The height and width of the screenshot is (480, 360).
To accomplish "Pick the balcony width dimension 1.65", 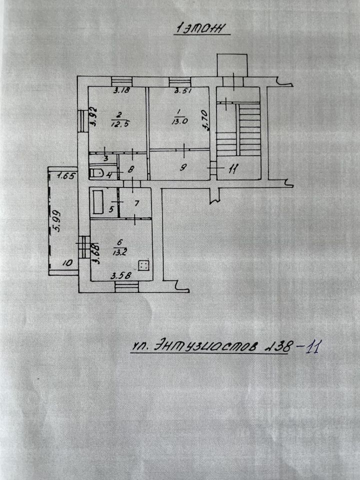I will pyautogui.click(x=65, y=175).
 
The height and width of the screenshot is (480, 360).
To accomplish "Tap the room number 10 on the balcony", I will pyautogui.click(x=68, y=261).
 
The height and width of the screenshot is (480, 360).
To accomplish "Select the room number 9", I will pyautogui.click(x=183, y=168).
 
